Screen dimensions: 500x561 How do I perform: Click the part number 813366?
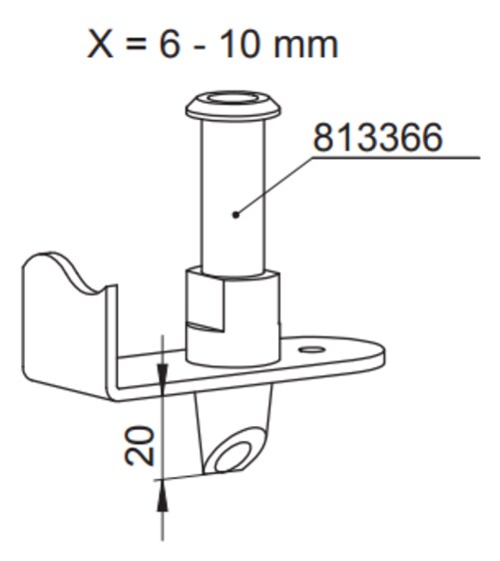pos(377,137)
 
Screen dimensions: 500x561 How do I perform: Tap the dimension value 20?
pos(140,445)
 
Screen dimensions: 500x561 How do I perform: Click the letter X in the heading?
pos(101,44)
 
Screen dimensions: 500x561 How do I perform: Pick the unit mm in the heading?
pos(305,48)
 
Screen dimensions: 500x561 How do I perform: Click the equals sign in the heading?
pos(137,45)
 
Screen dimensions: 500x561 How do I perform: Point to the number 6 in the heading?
pos(169,44)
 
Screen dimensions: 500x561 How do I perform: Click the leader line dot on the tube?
pos(236,215)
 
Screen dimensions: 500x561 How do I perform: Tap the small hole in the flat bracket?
pos(311,349)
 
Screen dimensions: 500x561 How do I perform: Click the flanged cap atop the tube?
pos(233,105)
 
